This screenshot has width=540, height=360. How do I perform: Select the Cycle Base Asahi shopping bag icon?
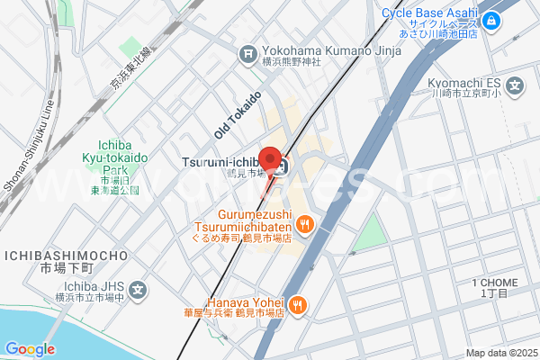(491, 21)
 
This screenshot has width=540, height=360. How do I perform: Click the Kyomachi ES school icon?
(515, 87)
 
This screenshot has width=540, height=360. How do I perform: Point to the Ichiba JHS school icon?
(138, 290)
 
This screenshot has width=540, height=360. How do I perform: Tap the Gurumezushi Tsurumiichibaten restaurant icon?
(305, 224)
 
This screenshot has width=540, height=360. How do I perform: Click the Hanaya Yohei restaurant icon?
(298, 306)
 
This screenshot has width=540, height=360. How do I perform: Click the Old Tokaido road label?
(238, 114)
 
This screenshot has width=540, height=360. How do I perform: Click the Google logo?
(29, 348)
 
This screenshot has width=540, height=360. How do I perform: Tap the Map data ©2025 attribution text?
(499, 352)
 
